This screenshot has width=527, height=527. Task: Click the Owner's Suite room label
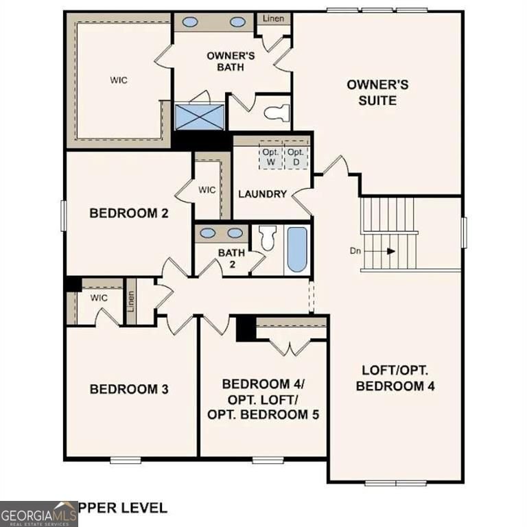[377, 92]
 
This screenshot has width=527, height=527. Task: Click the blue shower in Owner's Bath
[200, 117]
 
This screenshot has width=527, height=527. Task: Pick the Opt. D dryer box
[295, 156]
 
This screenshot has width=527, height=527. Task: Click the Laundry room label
[262, 194]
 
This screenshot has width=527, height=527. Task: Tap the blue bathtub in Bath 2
[297, 250]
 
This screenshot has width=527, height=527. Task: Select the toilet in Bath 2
[267, 238]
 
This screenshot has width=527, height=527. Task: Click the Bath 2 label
[231, 257]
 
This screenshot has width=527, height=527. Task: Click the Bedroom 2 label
[129, 213]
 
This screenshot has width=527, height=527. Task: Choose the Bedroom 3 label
[129, 389]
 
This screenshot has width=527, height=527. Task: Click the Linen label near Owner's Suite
[274, 19]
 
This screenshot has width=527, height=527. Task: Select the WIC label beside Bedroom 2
[207, 189]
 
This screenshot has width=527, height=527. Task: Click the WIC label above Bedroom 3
[99, 298]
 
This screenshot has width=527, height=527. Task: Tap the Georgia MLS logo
[38, 514]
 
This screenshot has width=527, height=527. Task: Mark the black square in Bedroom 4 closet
[246, 328]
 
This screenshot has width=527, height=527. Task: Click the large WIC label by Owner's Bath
[119, 80]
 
